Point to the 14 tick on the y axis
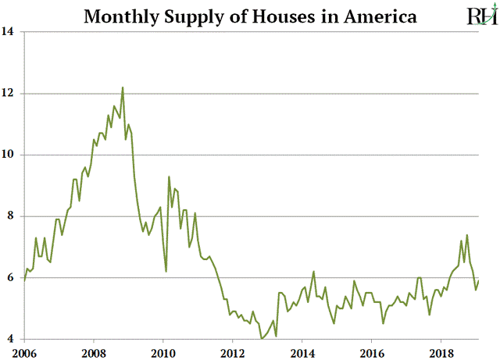10,33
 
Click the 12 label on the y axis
10,94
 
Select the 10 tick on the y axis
10,155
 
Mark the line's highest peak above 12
123,87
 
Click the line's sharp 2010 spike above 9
169,177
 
